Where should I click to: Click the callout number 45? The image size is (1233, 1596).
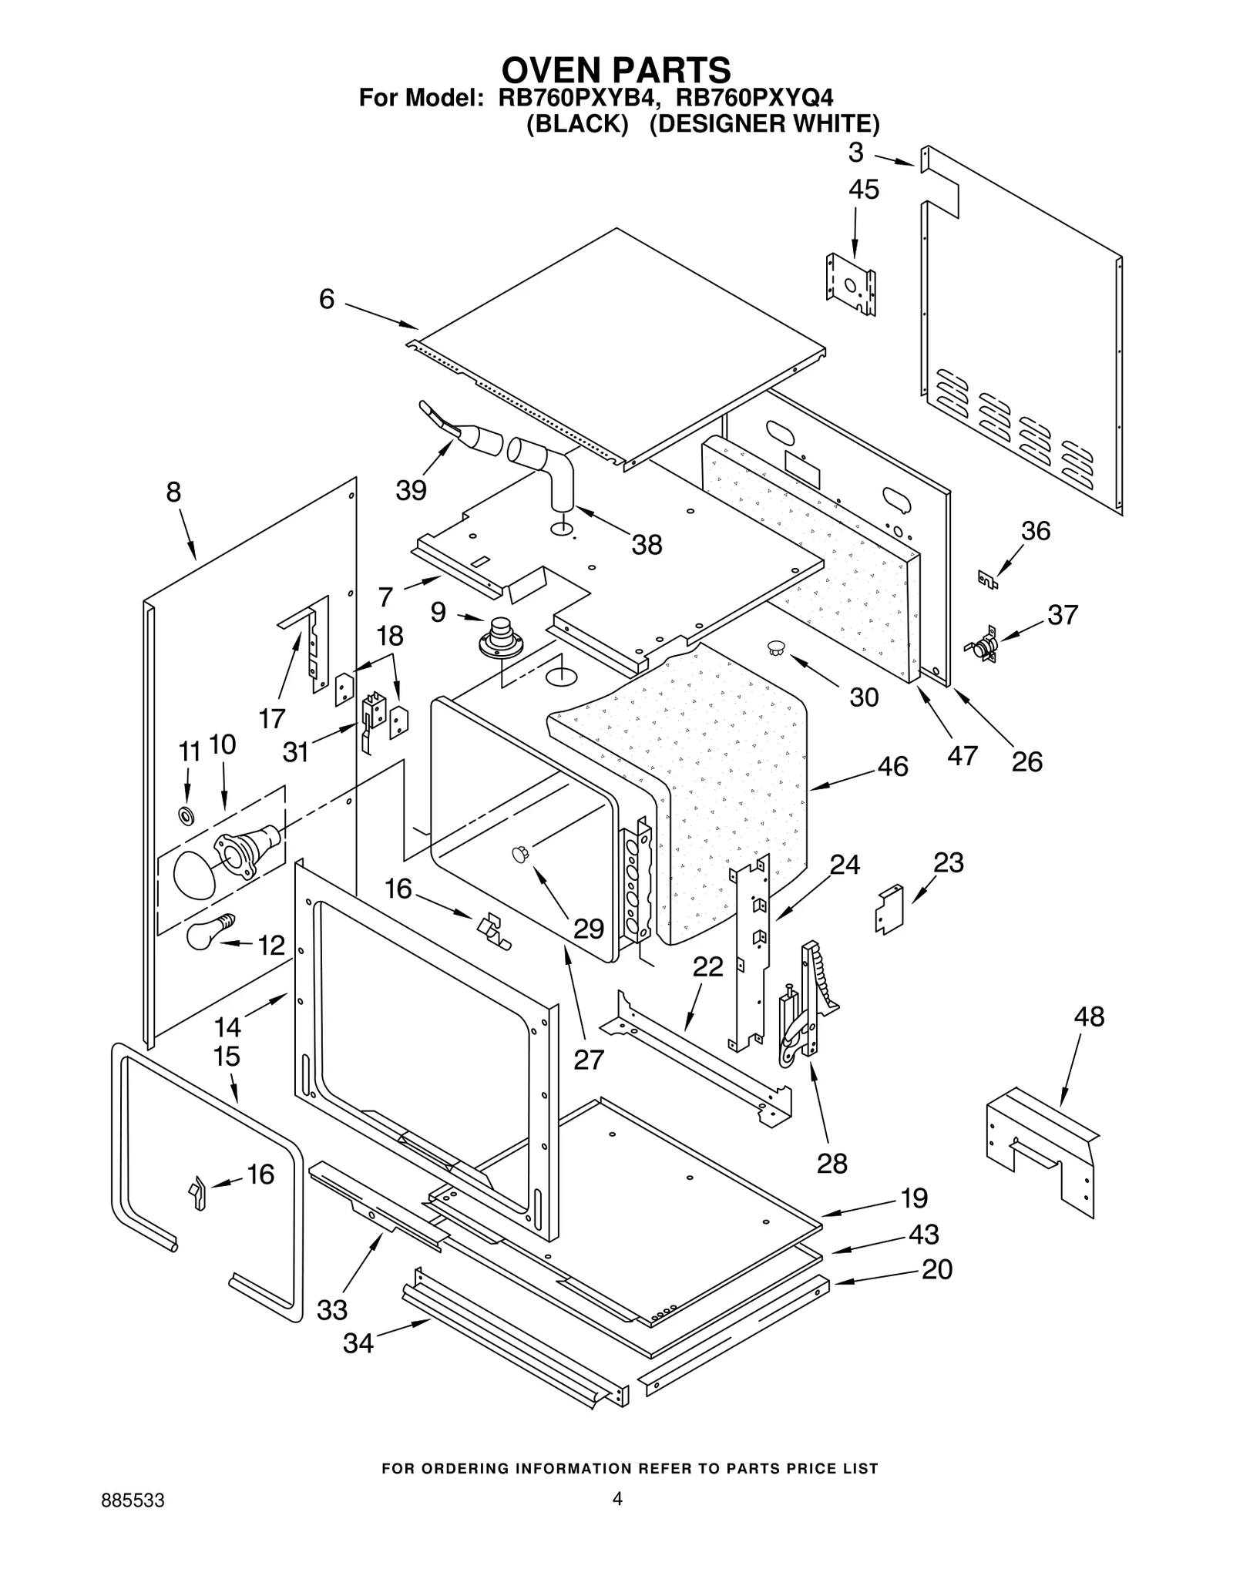pyautogui.click(x=863, y=190)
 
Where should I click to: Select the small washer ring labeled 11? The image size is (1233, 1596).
pyautogui.click(x=186, y=815)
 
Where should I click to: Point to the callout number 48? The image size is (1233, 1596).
pyautogui.click(x=1089, y=1016)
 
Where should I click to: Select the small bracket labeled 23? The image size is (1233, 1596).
pyautogui.click(x=889, y=909)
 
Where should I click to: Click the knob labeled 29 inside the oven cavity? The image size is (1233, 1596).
pyautogui.click(x=520, y=853)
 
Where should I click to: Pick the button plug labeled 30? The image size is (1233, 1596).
pyautogui.click(x=775, y=648)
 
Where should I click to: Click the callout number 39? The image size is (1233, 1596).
pyautogui.click(x=411, y=490)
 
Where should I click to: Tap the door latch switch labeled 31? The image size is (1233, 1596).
pyautogui.click(x=374, y=713)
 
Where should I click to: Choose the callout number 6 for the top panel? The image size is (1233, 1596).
pyautogui.click(x=327, y=299)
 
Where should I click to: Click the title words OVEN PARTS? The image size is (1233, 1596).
pyautogui.click(x=616, y=70)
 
